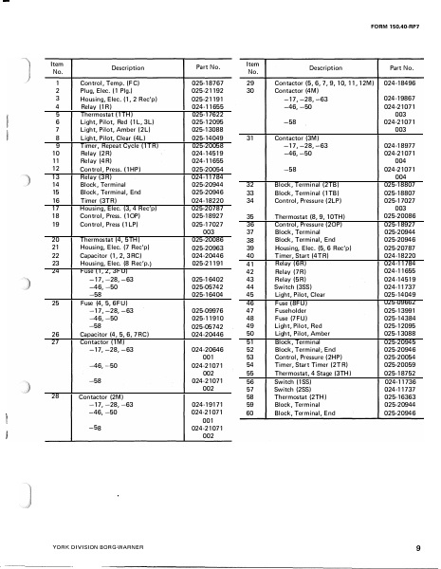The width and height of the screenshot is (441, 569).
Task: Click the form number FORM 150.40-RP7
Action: [x=397, y=40]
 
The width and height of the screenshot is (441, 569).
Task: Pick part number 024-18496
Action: [x=398, y=83]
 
